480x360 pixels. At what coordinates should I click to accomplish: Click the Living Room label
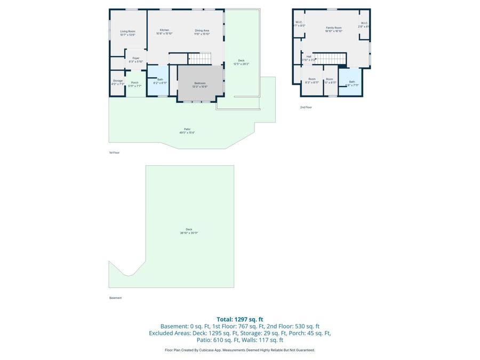pos(127,31)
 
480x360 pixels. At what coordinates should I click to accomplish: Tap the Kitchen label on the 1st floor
pos(164,30)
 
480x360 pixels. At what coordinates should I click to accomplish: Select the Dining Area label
pos(202,30)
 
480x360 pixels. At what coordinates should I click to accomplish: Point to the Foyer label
pos(136,58)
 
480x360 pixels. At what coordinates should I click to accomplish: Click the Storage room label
pos(117,81)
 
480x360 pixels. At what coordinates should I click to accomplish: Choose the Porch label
pos(134,82)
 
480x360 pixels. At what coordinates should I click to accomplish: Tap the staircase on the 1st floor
pos(201,58)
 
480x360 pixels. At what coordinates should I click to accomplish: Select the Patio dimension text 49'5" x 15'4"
pos(187,133)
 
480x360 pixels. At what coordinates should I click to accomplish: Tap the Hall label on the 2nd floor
pos(309,56)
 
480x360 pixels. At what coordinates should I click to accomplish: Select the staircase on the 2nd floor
pos(330,58)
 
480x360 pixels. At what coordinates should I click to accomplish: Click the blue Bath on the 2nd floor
pos(351,82)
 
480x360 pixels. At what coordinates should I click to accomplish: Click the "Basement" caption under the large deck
pos(116,298)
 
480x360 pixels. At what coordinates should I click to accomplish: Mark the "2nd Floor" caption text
pos(306,107)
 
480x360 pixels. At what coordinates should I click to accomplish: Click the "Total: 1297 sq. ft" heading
pos(239,319)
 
